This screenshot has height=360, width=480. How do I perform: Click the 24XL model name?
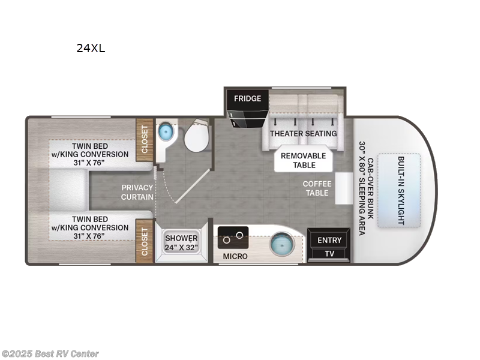click(x=91, y=49)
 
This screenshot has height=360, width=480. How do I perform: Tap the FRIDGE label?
click(x=247, y=98)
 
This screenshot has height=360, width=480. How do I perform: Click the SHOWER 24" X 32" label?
click(x=181, y=242)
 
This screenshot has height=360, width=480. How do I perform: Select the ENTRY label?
click(x=329, y=240)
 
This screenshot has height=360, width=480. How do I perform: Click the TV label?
click(x=329, y=254)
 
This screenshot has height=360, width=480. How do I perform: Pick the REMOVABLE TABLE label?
click(x=304, y=160)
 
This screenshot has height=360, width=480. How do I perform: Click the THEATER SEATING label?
click(x=303, y=133)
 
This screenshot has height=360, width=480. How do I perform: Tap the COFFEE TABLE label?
click(x=316, y=188)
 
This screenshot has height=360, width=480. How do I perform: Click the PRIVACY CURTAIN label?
click(x=137, y=192)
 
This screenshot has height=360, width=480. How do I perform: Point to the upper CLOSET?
click(x=144, y=142)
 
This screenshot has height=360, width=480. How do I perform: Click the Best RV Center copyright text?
click(x=50, y=354)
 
